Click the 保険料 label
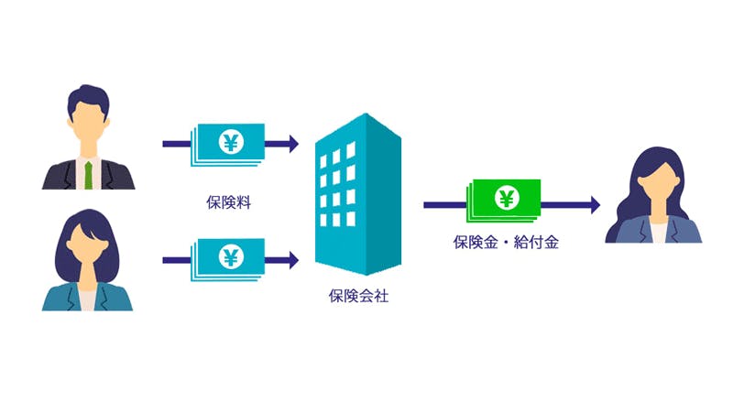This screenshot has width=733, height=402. click(x=229, y=201)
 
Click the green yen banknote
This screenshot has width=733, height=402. click(x=503, y=200)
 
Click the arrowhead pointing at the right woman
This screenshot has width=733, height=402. click(x=595, y=205)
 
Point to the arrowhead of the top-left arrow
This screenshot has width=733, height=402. click(x=292, y=143)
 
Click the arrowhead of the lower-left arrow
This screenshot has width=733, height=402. click(x=292, y=259)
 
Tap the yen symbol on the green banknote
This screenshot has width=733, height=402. click(x=506, y=197)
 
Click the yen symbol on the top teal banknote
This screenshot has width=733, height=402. click(x=230, y=142)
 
